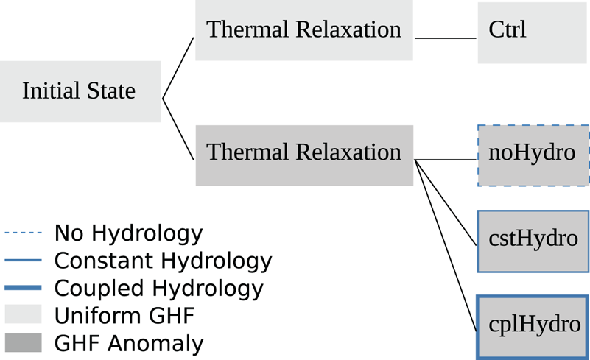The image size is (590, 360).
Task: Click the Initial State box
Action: click(x=80, y=91)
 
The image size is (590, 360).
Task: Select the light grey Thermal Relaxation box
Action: click(x=303, y=30)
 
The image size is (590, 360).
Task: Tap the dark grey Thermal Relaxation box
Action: click(x=303, y=154)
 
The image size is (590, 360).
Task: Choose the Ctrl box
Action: click(x=532, y=32)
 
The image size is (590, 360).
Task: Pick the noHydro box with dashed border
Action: click(x=533, y=155)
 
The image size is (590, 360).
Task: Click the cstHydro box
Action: click(x=533, y=241)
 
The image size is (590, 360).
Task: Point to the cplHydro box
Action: click(x=533, y=325)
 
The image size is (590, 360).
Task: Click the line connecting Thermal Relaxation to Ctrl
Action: click(x=446, y=38)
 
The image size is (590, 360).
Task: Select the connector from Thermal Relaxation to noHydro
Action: click(x=446, y=160)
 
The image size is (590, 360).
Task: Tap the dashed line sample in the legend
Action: click(x=23, y=234)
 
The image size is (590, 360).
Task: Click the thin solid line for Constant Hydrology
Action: click(x=23, y=261)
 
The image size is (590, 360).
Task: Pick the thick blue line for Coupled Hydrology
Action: click(x=23, y=288)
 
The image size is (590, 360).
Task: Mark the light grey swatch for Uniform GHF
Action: click(x=23, y=315)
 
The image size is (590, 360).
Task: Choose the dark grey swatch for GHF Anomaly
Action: click(x=23, y=342)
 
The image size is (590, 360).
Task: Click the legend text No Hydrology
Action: click(x=128, y=234)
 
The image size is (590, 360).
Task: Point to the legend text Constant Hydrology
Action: click(x=163, y=261)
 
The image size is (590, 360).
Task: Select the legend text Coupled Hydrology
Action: click(x=158, y=288)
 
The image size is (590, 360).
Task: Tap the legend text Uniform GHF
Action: click(x=124, y=315)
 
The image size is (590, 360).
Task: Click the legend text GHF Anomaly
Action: click(x=128, y=342)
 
